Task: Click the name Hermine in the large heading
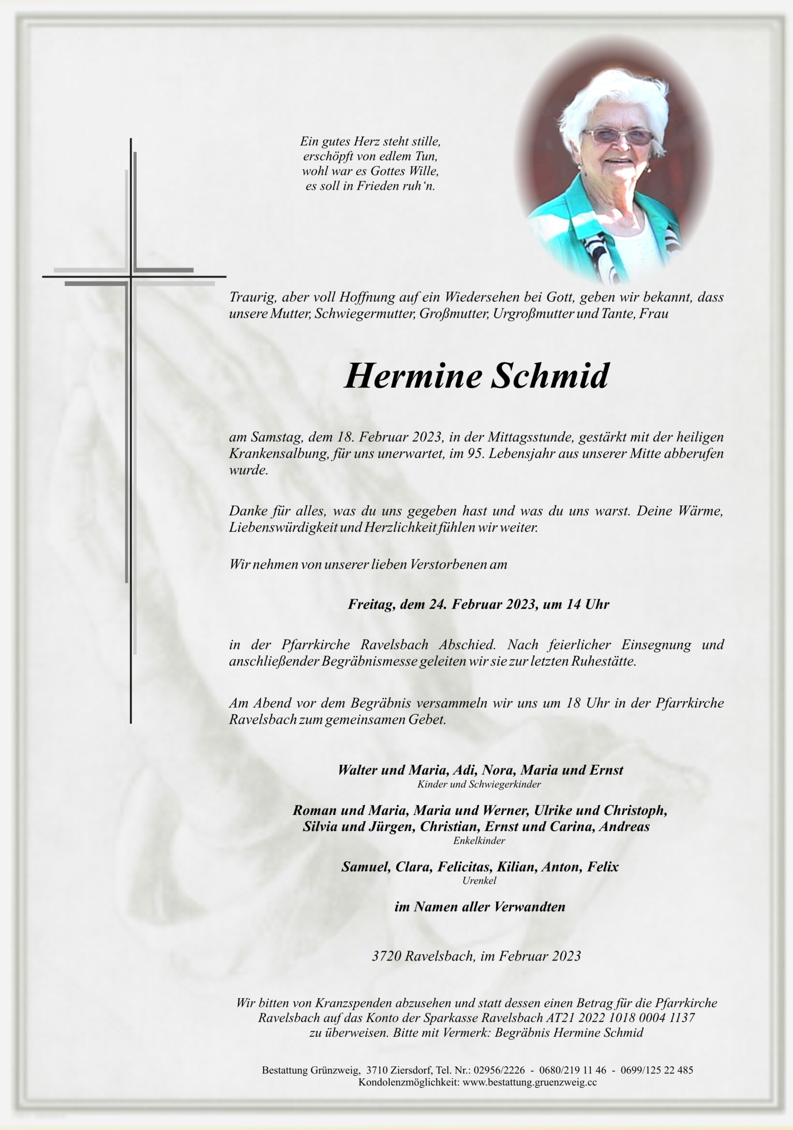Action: coord(413,377)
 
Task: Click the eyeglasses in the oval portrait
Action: coord(617,136)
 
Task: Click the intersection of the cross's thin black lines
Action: coord(131,277)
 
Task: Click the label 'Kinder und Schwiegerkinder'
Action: coord(479,784)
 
